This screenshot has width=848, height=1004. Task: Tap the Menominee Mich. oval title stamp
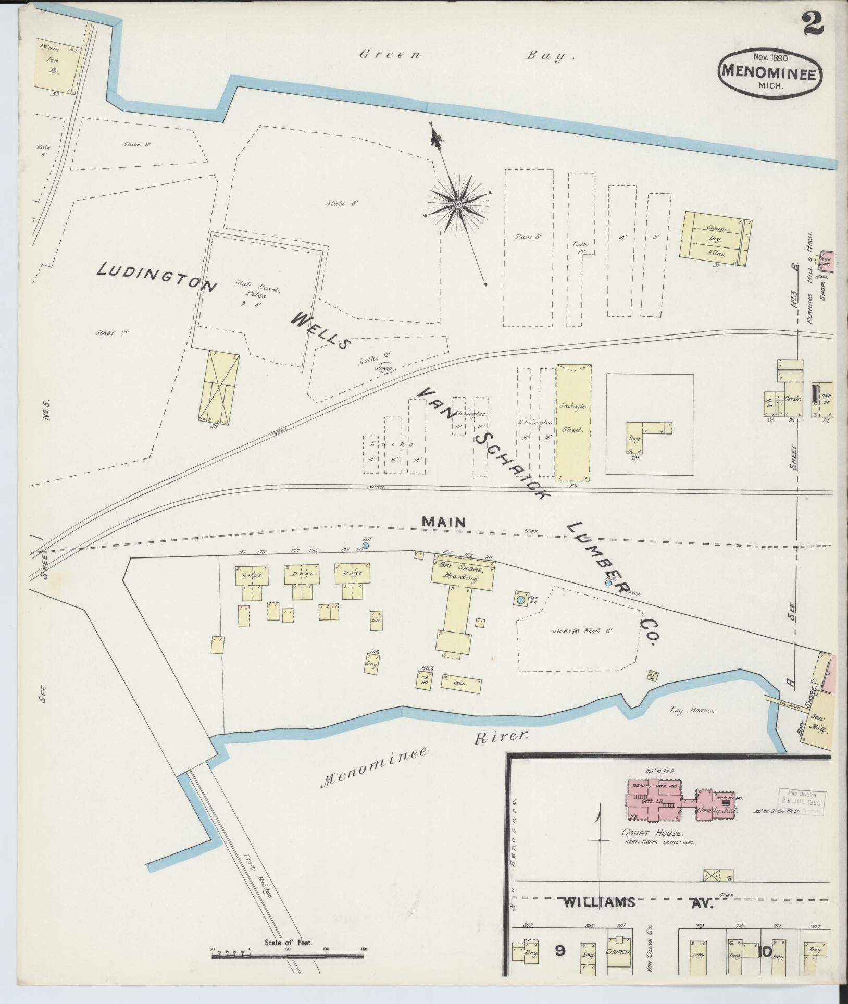point(771,74)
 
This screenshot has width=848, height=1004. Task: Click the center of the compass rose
point(457,204)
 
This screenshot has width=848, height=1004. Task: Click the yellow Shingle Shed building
point(573,422)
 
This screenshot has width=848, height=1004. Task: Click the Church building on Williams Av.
point(618,952)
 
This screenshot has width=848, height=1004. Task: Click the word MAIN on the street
point(443,522)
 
